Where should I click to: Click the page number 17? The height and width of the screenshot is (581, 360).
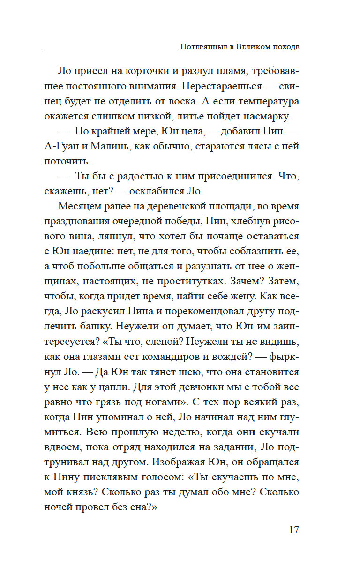pyautogui.click(x=293, y=530)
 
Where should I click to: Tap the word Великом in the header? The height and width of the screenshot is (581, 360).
pyautogui.click(x=254, y=47)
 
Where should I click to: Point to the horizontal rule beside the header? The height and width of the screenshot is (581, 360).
pyautogui.click(x=110, y=48)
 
